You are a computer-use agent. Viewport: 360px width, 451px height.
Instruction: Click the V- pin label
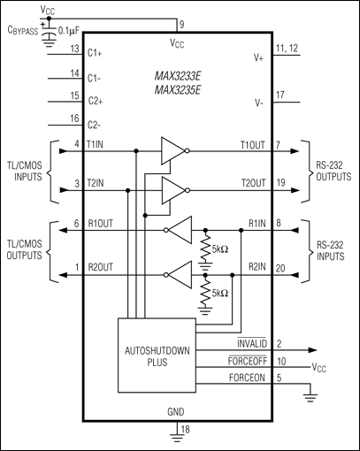[260, 102]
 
